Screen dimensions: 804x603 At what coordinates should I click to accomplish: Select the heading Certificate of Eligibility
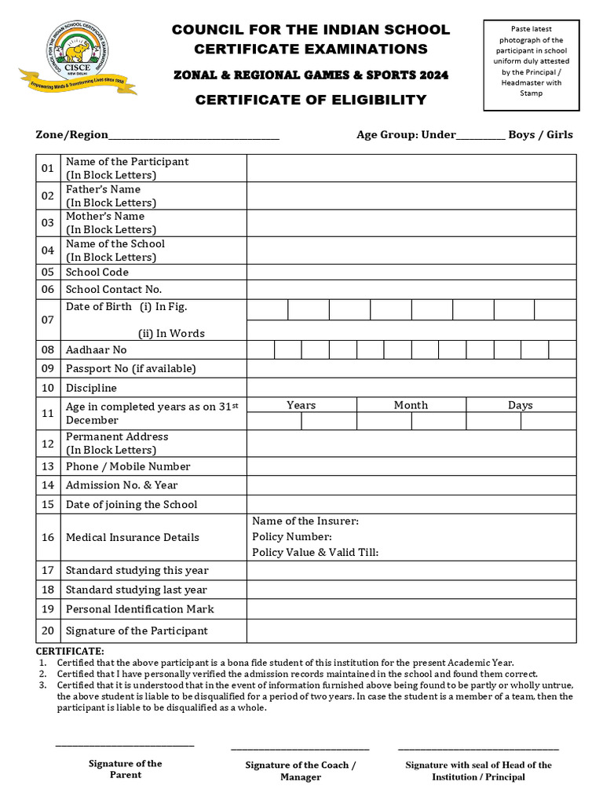(x=310, y=100)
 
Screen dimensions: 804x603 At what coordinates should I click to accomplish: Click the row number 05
(x=48, y=272)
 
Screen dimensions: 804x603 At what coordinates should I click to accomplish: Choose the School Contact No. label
(x=113, y=289)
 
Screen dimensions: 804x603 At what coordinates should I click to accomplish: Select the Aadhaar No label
(x=96, y=349)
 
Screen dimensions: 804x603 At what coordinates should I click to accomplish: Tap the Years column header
(x=301, y=405)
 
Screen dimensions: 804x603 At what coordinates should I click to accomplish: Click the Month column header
(x=411, y=405)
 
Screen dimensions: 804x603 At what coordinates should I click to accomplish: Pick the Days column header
(x=520, y=405)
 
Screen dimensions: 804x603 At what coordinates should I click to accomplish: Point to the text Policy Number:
(x=291, y=537)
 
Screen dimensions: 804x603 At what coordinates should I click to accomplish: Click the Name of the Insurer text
(x=305, y=521)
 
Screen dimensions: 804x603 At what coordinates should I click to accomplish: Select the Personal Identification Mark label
(x=140, y=608)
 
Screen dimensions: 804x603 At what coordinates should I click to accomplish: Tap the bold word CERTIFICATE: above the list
(x=70, y=652)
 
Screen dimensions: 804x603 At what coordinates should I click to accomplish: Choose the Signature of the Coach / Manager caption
(x=300, y=771)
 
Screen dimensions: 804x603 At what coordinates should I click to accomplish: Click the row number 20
(x=48, y=630)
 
